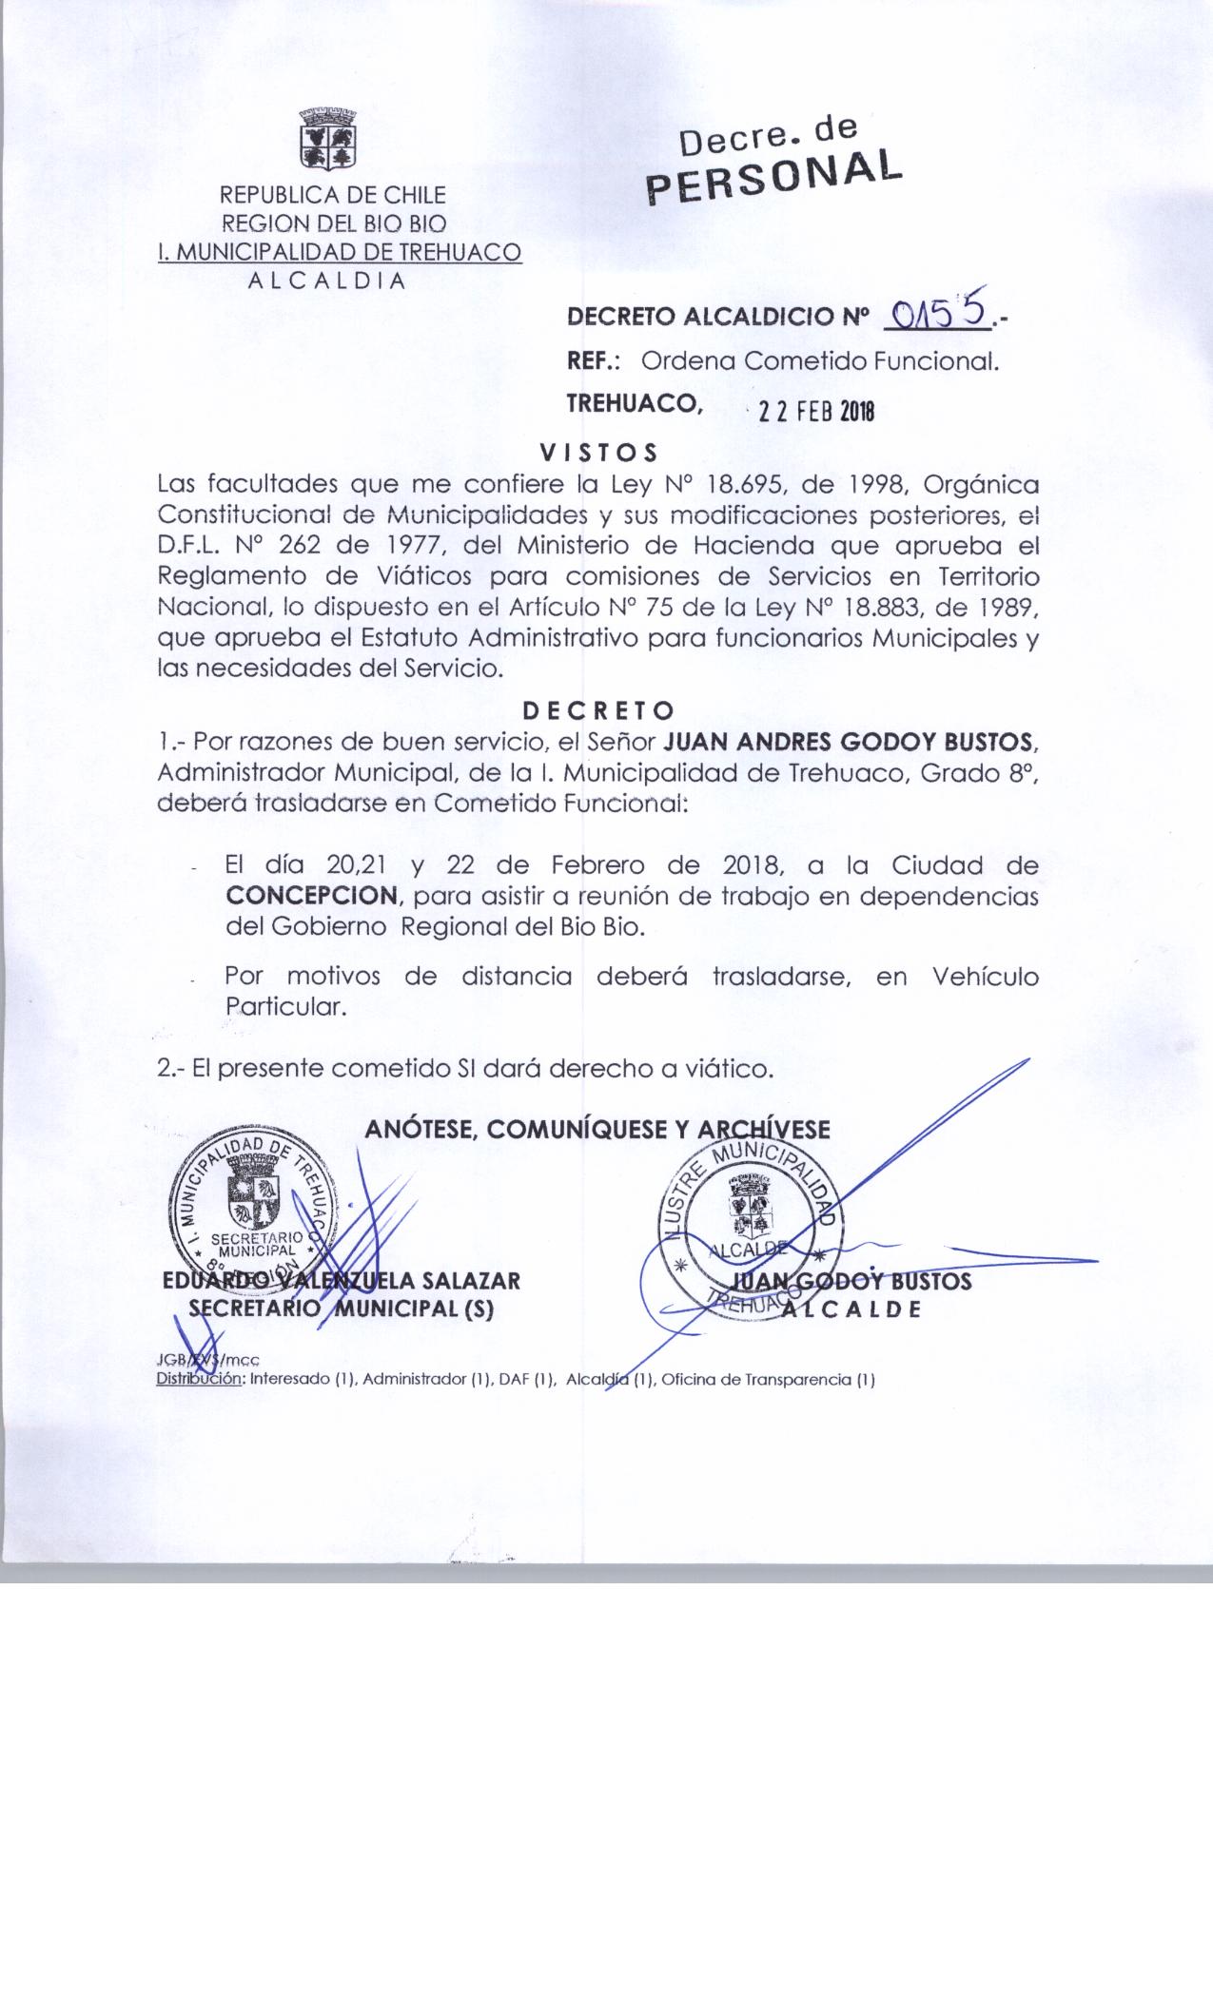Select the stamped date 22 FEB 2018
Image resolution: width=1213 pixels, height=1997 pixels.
[812, 411]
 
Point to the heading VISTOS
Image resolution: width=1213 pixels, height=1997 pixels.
[598, 450]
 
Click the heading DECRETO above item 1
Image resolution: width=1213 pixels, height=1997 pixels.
[598, 710]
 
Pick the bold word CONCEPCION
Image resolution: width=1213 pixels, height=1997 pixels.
[311, 895]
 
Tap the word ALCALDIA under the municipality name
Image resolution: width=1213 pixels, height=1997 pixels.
[326, 281]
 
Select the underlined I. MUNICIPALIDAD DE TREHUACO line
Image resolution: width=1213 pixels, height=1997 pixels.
[340, 253]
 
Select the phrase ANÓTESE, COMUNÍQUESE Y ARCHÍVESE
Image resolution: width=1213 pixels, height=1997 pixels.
[597, 1129]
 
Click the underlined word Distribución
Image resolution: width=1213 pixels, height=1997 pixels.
[200, 1380]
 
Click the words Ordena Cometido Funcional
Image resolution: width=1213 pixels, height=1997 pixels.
[820, 360]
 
